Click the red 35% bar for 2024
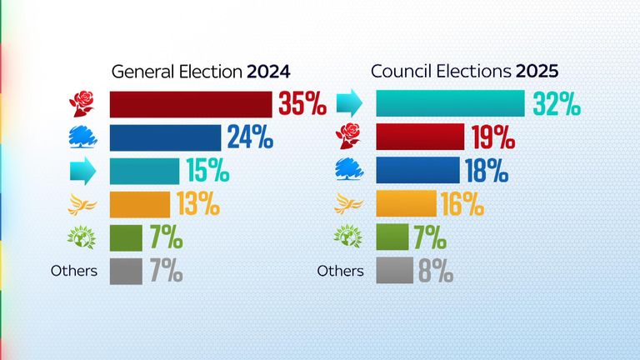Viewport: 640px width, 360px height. click(191, 104)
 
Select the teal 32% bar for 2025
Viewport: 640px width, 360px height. click(450, 104)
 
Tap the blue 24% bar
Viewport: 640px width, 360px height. click(165, 137)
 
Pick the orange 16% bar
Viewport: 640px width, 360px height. click(406, 203)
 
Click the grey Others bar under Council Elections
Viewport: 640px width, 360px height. click(394, 270)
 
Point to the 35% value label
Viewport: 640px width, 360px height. click(302, 104)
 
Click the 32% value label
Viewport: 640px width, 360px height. click(556, 104)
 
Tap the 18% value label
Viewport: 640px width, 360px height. click(487, 170)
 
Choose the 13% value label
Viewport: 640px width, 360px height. click(199, 203)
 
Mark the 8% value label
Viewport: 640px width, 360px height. click(435, 270)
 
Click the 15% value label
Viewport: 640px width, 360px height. click(207, 171)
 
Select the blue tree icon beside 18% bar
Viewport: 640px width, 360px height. click(349, 170)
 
